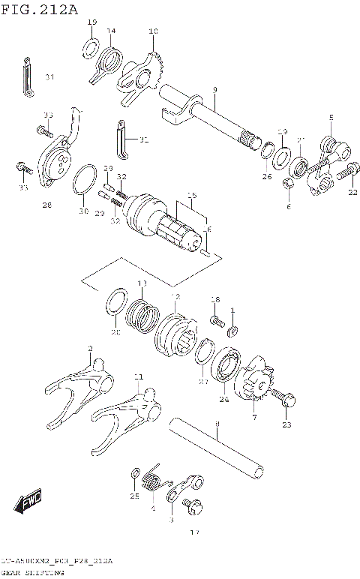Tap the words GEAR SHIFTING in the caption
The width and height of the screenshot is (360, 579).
click(32, 574)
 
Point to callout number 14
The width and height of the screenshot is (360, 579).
click(111, 31)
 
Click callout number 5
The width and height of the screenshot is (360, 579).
click(330, 118)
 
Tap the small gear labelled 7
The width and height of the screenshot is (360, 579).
click(253, 383)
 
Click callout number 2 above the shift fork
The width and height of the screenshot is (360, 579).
click(90, 349)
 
